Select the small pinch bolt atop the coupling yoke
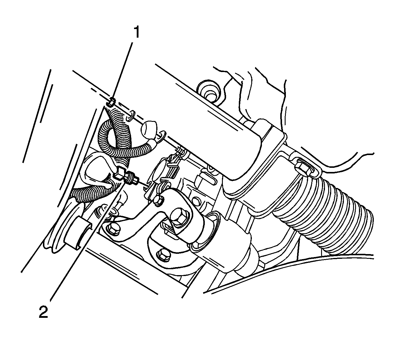(x=159, y=200)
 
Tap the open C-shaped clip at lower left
(x=77, y=233)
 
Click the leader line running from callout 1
(x=122, y=72)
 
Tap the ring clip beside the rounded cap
(x=161, y=137)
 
